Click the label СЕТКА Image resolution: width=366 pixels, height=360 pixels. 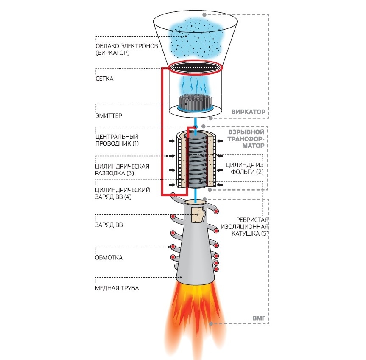point(105,79)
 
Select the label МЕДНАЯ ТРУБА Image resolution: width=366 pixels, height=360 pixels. point(117,288)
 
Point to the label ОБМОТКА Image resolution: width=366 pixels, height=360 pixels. point(109,257)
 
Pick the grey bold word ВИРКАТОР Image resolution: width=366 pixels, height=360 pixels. point(248,112)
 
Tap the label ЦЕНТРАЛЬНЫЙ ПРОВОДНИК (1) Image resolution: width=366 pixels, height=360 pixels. point(117,140)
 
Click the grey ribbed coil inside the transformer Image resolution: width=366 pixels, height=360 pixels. point(196,161)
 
